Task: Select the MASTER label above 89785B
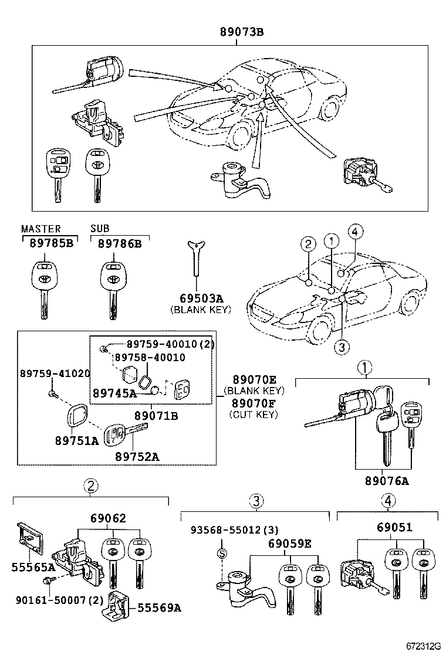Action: click(40, 229)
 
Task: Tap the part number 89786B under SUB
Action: click(120, 243)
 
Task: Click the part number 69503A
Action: click(200, 298)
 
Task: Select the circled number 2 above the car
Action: click(308, 244)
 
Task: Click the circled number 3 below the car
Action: click(342, 347)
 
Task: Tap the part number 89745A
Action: click(114, 393)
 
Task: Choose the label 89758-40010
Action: click(149, 357)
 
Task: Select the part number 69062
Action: click(108, 518)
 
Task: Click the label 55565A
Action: click(33, 567)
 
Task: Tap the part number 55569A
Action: click(158, 608)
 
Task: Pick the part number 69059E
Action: click(290, 543)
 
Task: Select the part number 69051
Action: click(394, 527)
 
